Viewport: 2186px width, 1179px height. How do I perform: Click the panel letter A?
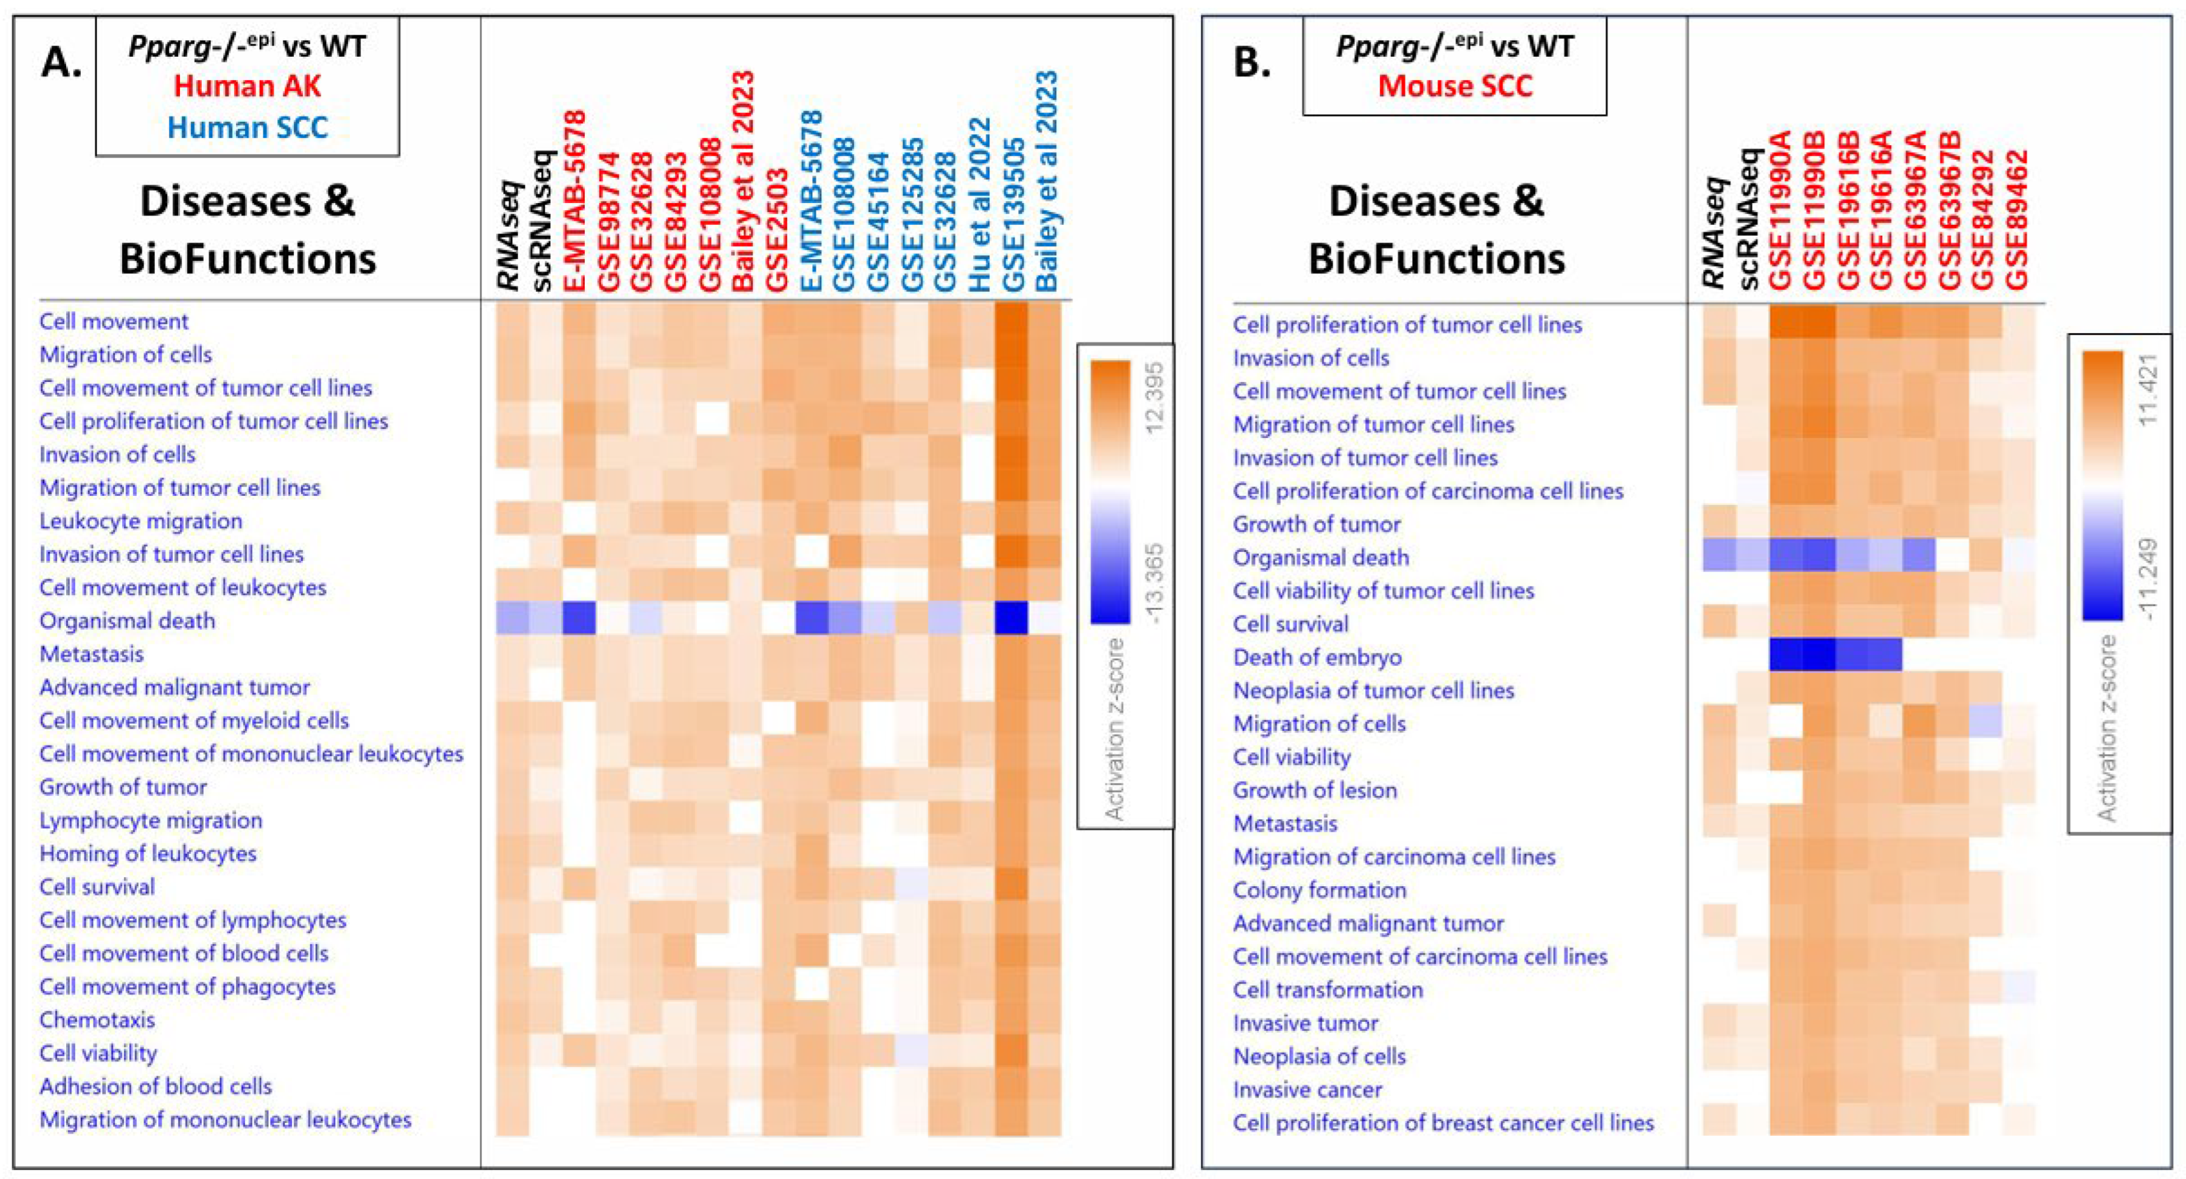tap(61, 63)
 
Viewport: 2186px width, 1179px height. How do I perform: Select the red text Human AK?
tap(247, 87)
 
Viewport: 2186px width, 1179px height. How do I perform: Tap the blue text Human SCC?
tap(247, 128)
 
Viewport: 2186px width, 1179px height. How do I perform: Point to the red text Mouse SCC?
tap(1455, 87)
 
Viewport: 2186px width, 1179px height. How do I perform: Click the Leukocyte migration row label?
tap(141, 521)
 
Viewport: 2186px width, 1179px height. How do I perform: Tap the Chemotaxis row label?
tap(97, 1020)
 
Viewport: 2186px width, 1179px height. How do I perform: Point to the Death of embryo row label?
tap(1317, 657)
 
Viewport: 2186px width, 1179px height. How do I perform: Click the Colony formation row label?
tap(1320, 890)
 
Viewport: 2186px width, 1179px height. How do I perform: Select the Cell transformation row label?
tap(1327, 989)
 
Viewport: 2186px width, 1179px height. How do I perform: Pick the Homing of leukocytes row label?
tap(148, 853)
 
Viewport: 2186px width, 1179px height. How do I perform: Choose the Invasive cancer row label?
tap(1307, 1089)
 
